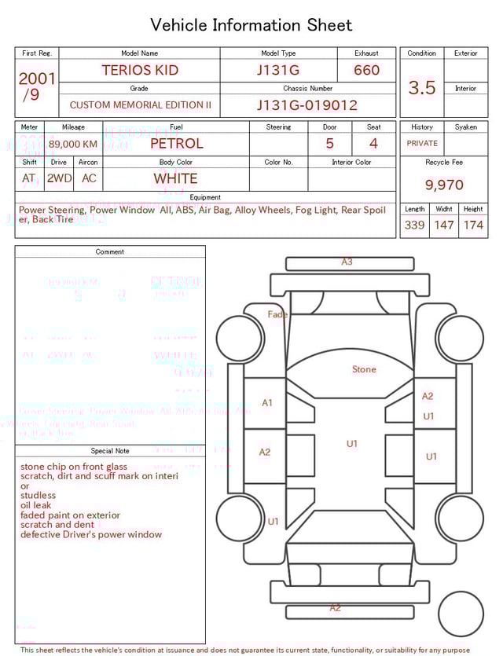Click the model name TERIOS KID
(x=140, y=70)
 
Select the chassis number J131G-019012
(x=307, y=104)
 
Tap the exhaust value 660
(x=366, y=70)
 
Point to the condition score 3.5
(x=422, y=87)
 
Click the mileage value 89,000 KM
(x=73, y=144)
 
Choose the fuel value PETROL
(x=176, y=143)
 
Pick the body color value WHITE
(x=176, y=178)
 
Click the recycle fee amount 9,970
(x=444, y=185)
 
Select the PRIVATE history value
(x=422, y=143)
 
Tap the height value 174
(x=473, y=225)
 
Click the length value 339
(x=414, y=225)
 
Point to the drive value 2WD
(x=59, y=178)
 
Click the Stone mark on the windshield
(x=364, y=369)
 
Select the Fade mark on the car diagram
(x=277, y=314)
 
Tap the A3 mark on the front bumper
(x=347, y=262)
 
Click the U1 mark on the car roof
(x=352, y=444)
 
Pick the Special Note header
(x=110, y=451)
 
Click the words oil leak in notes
(x=36, y=505)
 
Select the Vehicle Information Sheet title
(x=251, y=25)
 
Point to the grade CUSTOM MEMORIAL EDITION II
(x=140, y=104)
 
